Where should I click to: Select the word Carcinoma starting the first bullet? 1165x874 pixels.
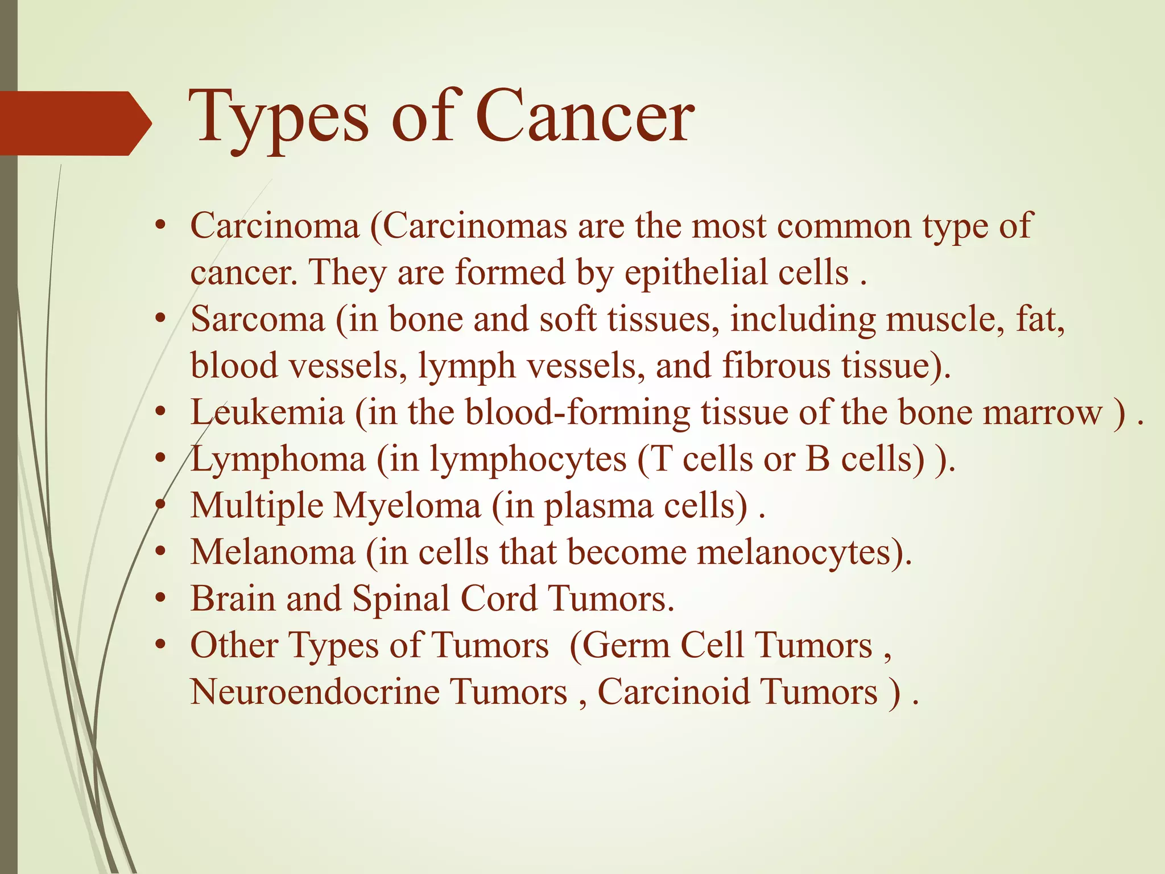pyautogui.click(x=275, y=226)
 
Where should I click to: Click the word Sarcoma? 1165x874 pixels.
pyautogui.click(x=257, y=319)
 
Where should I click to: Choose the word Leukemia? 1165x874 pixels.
pyautogui.click(x=267, y=412)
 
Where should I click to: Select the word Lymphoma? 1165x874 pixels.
pyautogui.click(x=278, y=459)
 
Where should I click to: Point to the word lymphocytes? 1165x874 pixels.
pyautogui.click(x=527, y=459)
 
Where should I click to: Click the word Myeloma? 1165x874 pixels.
pyautogui.click(x=407, y=506)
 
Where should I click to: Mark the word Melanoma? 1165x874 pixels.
pyautogui.click(x=272, y=552)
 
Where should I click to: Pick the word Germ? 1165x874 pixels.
pyautogui.click(x=624, y=645)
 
